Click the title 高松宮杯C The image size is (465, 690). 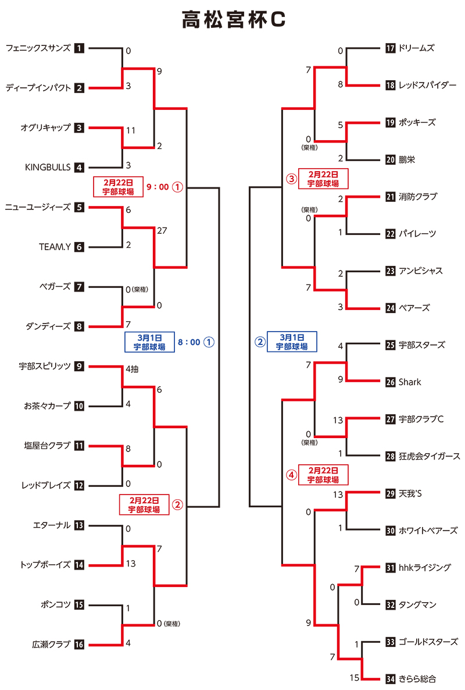pos(233,20)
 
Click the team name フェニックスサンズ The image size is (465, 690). pos(38,48)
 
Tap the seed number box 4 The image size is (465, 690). pos(80,168)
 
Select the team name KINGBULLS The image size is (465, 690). pos(48,168)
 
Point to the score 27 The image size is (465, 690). pos(162,230)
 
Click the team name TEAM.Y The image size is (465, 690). pos(55,247)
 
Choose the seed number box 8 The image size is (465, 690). pos(80,326)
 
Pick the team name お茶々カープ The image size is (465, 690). pos(47,406)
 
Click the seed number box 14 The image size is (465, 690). pos(80,565)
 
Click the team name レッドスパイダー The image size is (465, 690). pos(427,85)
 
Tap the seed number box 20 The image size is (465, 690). pos(390,159)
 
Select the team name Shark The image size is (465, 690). pos(410,382)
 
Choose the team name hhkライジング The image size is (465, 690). pos(425,567)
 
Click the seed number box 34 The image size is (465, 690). pos(390,678)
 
